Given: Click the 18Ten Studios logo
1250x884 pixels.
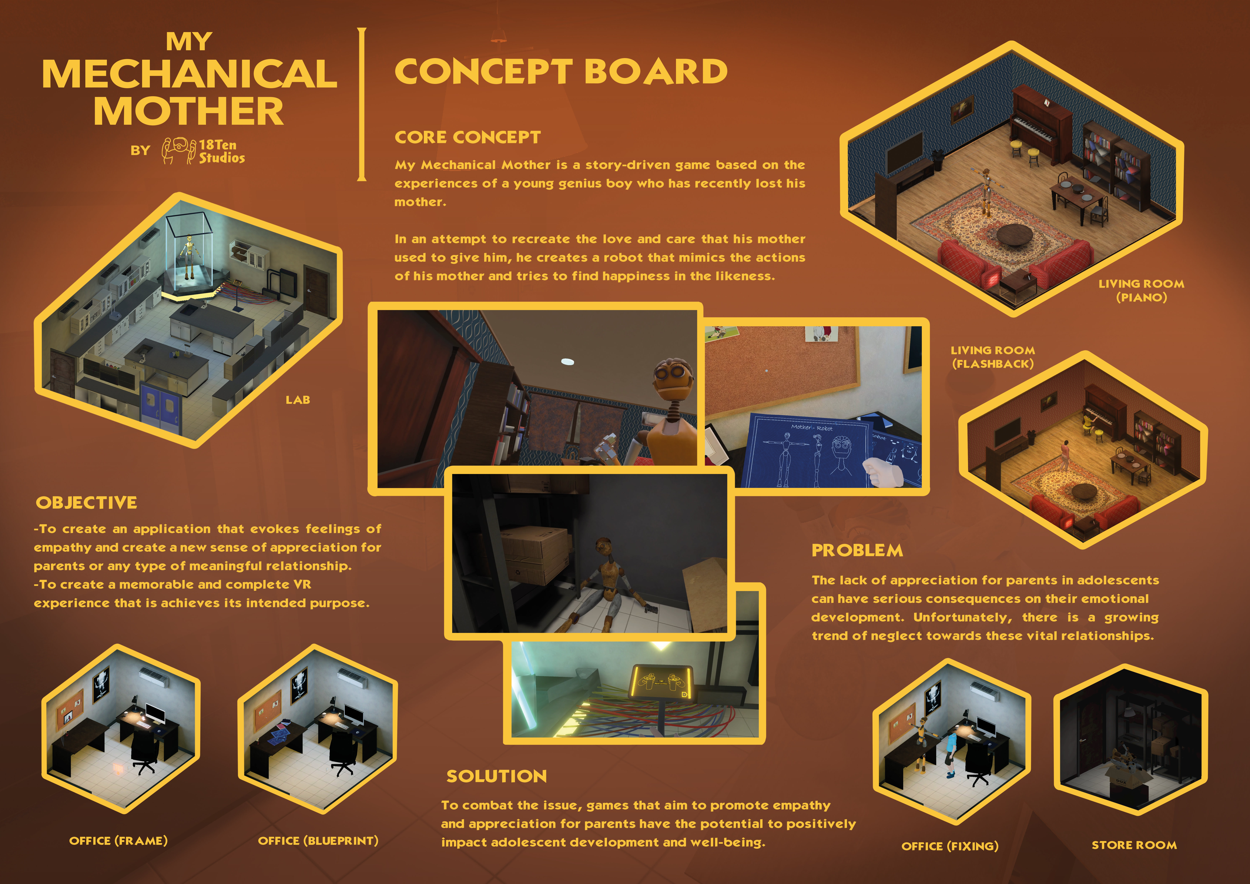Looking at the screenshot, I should pyautogui.click(x=203, y=151).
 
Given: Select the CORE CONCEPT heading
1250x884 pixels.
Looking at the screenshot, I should pyautogui.click(x=467, y=137).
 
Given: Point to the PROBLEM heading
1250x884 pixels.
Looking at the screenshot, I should pyautogui.click(x=857, y=550).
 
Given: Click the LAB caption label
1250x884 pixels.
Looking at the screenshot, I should pyautogui.click(x=298, y=400).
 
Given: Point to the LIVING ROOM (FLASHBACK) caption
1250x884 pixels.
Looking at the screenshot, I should pyautogui.click(x=993, y=357).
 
